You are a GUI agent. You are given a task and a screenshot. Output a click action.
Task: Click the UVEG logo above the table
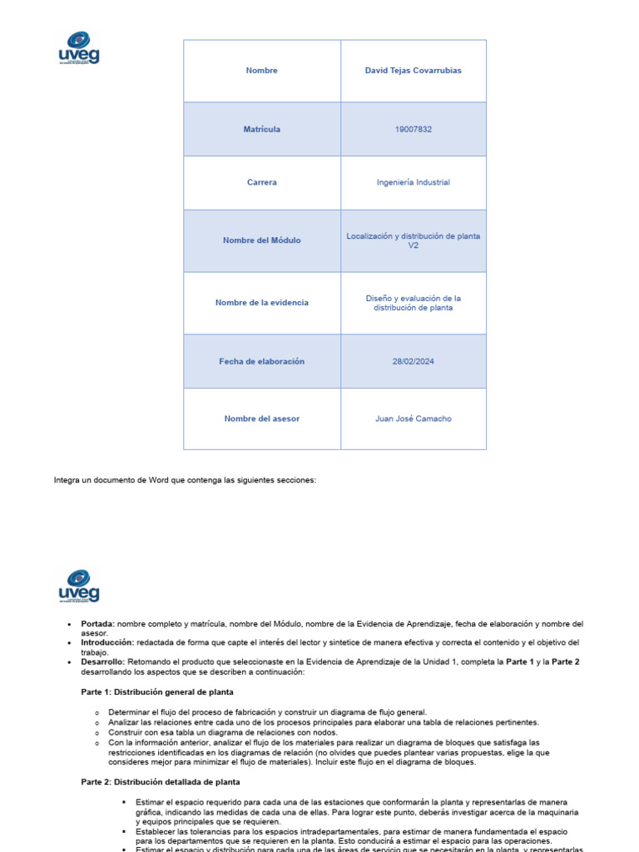pyautogui.click(x=79, y=47)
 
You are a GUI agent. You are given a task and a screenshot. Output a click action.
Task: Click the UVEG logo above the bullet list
pyautogui.click(x=79, y=586)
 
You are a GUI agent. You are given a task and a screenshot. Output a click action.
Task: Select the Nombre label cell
pyautogui.click(x=261, y=71)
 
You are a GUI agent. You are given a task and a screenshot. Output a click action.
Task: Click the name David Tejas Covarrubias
pyautogui.click(x=413, y=71)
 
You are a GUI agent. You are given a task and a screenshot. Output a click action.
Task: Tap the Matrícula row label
pyautogui.click(x=261, y=129)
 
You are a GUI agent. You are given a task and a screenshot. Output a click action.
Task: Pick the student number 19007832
pyautogui.click(x=413, y=129)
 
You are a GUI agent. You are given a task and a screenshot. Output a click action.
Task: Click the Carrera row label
pyautogui.click(x=261, y=182)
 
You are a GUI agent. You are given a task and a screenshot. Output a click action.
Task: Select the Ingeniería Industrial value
pyautogui.click(x=413, y=182)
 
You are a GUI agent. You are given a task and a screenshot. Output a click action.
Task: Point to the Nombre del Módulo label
pyautogui.click(x=261, y=240)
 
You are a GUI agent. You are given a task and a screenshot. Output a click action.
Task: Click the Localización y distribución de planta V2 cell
pyautogui.click(x=413, y=240)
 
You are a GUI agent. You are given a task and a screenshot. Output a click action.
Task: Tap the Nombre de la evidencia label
pyautogui.click(x=261, y=303)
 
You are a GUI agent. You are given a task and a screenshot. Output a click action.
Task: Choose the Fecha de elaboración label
pyautogui.click(x=261, y=361)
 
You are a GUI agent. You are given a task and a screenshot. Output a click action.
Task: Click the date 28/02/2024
pyautogui.click(x=413, y=361)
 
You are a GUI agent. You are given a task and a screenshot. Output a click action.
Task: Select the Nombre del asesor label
pyautogui.click(x=261, y=419)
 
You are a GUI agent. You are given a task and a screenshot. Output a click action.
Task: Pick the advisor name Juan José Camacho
pyautogui.click(x=413, y=419)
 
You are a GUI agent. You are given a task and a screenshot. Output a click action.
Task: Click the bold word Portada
pyautogui.click(x=97, y=623)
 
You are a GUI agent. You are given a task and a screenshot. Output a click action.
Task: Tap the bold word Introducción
pyautogui.click(x=106, y=642)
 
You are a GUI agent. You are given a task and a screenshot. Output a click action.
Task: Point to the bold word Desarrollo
pyautogui.click(x=102, y=661)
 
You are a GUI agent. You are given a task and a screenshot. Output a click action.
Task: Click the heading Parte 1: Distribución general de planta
pyautogui.click(x=156, y=691)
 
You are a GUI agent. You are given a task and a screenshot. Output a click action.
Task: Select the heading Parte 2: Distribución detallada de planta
pyautogui.click(x=160, y=782)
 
